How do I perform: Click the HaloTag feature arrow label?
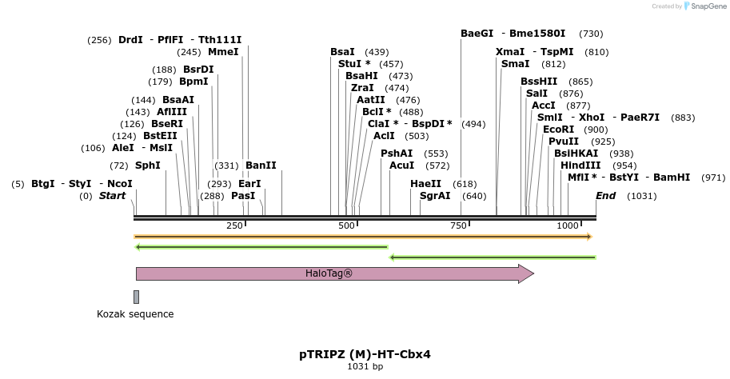(x=329, y=273)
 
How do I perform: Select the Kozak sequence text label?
(x=135, y=314)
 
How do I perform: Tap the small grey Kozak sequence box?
(x=136, y=297)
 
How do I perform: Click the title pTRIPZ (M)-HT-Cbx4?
(x=365, y=353)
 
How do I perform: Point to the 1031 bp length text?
(x=365, y=366)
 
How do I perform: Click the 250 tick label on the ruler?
(x=234, y=226)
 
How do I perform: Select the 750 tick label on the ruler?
(x=459, y=226)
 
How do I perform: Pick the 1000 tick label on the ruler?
(x=568, y=226)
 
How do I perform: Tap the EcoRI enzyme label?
(x=558, y=130)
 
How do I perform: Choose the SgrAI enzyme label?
(x=435, y=196)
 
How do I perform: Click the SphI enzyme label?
(x=147, y=166)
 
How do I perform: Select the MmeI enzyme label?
(x=223, y=52)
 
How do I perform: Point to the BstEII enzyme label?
(x=160, y=136)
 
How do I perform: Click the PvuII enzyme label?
(x=564, y=142)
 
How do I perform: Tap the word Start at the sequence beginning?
(x=112, y=196)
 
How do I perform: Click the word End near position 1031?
(x=606, y=196)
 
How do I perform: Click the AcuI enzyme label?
(x=401, y=166)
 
